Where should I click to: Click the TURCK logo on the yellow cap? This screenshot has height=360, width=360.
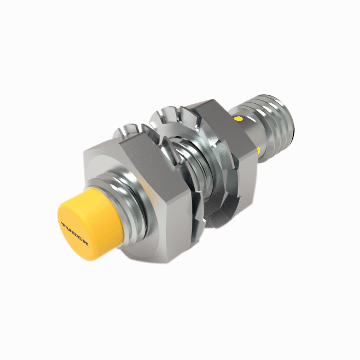(74, 232)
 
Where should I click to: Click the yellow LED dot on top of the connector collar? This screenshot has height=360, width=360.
(239, 120)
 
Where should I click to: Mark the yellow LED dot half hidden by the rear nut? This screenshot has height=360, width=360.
(258, 150)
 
